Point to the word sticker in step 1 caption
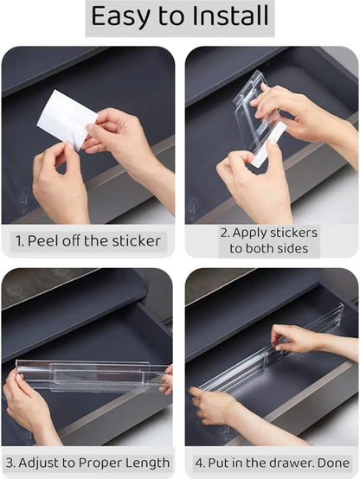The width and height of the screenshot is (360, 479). click(x=133, y=240)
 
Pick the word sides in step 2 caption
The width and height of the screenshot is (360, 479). click(x=296, y=249)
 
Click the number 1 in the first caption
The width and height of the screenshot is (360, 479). click(x=16, y=240)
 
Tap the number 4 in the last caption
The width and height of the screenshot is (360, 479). click(x=199, y=462)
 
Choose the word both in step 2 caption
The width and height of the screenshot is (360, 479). click(x=263, y=249)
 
